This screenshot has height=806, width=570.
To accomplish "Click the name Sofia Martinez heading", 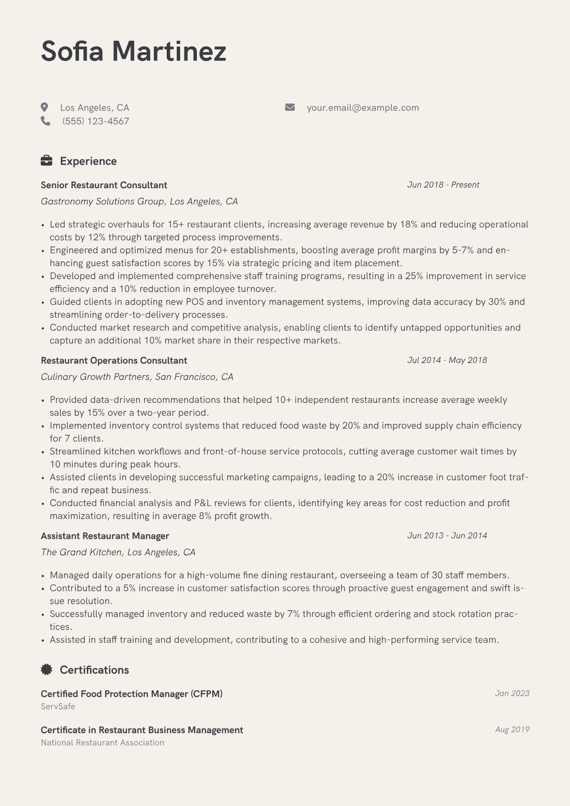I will (x=133, y=51).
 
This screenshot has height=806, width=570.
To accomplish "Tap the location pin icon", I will (x=45, y=107).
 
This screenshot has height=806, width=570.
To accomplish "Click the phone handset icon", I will (x=46, y=121).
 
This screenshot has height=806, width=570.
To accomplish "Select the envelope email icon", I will (x=290, y=107).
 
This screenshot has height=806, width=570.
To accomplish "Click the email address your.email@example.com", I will (x=363, y=108).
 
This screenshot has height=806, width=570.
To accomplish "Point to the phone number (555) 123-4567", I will (x=95, y=121).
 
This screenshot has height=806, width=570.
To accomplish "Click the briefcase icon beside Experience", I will (x=46, y=161).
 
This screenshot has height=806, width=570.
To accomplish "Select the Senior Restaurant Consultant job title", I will (x=104, y=185).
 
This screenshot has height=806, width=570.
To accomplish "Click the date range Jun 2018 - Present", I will (x=443, y=185).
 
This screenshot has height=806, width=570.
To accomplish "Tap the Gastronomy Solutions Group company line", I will (x=139, y=201).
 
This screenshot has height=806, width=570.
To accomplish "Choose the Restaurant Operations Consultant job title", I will (x=114, y=360).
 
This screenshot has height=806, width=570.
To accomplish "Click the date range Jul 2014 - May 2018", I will (x=447, y=360).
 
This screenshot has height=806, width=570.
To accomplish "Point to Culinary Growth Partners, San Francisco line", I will (x=137, y=377).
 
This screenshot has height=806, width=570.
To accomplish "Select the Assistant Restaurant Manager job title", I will (x=105, y=536).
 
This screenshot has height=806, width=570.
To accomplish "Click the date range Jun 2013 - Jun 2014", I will (x=447, y=535).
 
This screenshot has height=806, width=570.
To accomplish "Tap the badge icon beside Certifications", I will (x=46, y=670).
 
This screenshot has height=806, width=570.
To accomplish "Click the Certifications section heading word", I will (x=94, y=670).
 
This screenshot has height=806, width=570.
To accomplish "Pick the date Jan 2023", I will (x=512, y=693).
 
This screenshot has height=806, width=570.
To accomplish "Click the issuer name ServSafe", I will (x=58, y=706).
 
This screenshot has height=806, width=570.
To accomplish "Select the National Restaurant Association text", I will (x=103, y=743).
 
